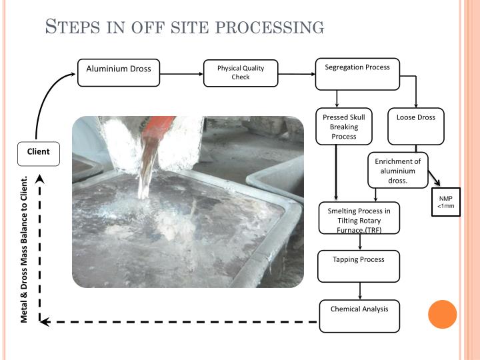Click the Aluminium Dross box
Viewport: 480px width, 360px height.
coord(119,73)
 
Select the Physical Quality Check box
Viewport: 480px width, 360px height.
coord(240,73)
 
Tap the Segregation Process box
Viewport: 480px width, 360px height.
coord(357,73)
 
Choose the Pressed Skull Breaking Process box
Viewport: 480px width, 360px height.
coord(343,127)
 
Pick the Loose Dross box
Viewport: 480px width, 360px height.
coord(415,127)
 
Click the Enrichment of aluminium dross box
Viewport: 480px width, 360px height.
coord(397,171)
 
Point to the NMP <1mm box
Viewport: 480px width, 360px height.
coord(445,202)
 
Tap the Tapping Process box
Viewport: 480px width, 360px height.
coord(359,265)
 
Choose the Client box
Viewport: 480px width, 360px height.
coord(38,153)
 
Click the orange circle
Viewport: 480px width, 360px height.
coord(442,314)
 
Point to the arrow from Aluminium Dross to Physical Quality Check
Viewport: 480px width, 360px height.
coord(181,73)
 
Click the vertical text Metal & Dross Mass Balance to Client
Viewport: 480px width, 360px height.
coord(25,249)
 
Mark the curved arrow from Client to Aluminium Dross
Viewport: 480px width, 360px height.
coord(47,100)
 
